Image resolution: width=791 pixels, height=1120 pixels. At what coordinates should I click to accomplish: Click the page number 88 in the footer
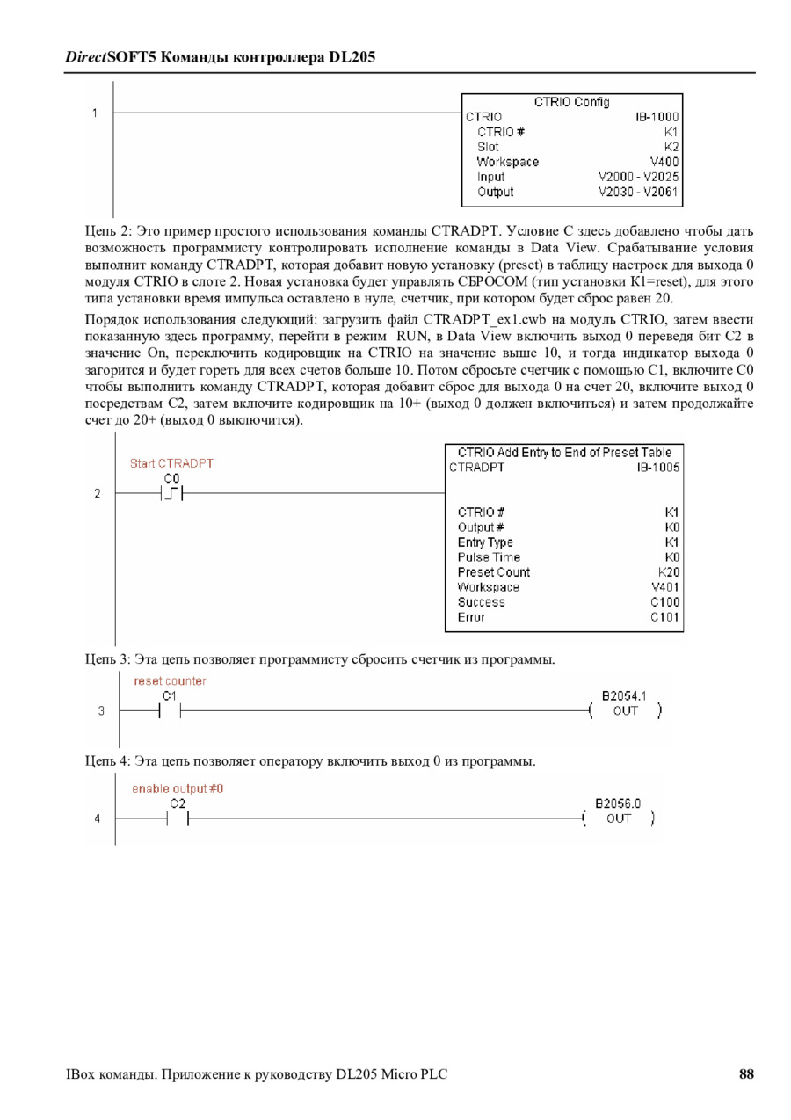(x=746, y=1074)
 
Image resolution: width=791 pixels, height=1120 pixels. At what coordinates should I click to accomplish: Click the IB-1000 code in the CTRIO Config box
(x=657, y=116)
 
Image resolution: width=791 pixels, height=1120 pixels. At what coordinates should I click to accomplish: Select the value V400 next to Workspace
(x=664, y=162)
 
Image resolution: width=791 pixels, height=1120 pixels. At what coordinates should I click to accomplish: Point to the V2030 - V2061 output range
(x=638, y=192)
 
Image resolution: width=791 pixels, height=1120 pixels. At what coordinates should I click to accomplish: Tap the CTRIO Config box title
(x=571, y=102)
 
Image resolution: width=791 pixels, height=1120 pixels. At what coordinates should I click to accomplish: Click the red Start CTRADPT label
(x=171, y=463)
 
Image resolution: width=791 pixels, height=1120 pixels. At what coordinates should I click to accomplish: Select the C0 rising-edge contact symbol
(x=171, y=494)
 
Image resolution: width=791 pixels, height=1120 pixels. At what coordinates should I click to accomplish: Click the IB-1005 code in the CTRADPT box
(x=658, y=468)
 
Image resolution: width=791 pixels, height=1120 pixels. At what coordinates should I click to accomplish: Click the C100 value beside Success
(x=665, y=602)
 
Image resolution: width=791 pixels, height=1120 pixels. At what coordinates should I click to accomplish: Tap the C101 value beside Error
(x=665, y=617)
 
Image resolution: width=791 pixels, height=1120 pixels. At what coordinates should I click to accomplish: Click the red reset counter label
(x=170, y=681)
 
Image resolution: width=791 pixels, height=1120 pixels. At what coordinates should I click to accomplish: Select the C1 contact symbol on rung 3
(x=170, y=710)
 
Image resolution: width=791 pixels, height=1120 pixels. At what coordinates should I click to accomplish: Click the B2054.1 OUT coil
(x=625, y=710)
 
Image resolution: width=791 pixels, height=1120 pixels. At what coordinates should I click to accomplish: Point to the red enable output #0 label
(x=178, y=789)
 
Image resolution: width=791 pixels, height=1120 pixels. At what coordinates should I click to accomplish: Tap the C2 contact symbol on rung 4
(x=178, y=818)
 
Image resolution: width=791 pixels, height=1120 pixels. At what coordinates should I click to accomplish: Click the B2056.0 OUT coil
(x=619, y=818)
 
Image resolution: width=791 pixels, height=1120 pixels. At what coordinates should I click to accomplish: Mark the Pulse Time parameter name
(x=489, y=557)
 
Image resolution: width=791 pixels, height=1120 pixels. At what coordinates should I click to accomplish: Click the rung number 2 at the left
(x=97, y=494)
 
